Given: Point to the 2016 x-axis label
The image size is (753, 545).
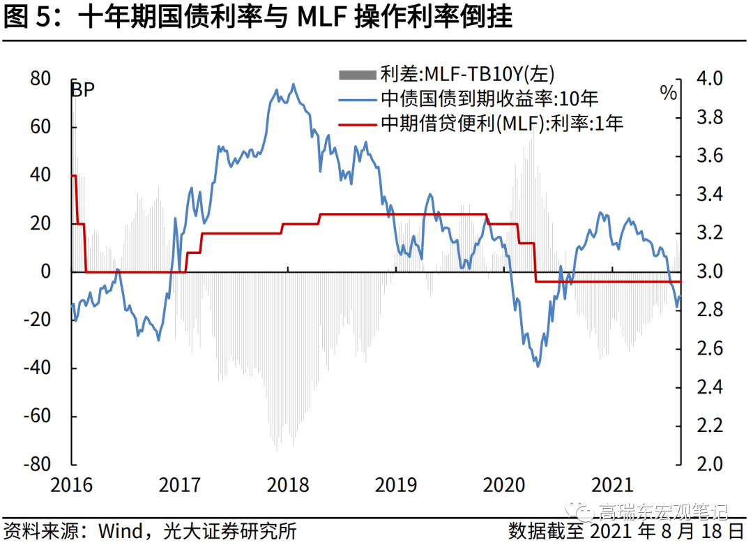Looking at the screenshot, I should (x=72, y=485).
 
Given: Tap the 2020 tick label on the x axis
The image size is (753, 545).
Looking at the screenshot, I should (x=503, y=485).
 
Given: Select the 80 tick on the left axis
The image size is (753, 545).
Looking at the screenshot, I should (x=40, y=79).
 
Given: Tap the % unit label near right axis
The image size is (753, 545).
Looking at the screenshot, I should (x=668, y=93).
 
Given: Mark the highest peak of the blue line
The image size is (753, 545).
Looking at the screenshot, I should (x=293, y=84).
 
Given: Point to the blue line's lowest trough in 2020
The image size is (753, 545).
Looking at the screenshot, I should (x=537, y=366).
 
